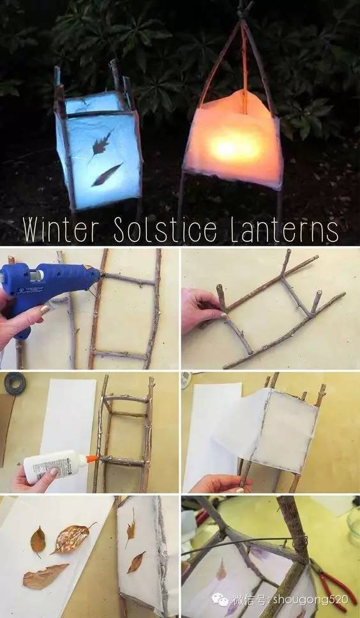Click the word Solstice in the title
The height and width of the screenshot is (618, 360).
click(166, 230)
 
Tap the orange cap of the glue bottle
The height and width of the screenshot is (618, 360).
click(92, 459)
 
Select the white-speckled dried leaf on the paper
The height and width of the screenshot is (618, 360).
click(73, 538)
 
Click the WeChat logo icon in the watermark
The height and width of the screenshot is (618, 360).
click(220, 600)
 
